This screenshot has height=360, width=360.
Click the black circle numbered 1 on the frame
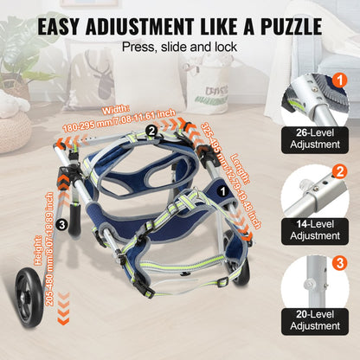[223, 185]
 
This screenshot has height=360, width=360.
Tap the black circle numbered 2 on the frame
[151, 130]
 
